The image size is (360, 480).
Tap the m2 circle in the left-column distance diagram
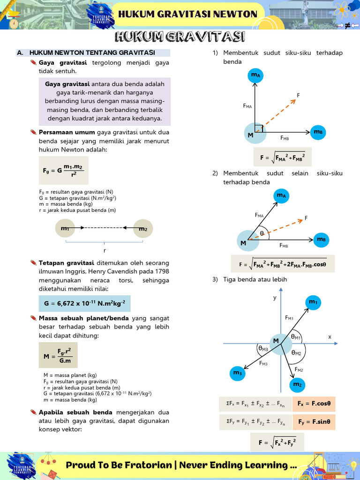click(x=142, y=229)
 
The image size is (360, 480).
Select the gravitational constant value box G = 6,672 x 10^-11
click(x=85, y=304)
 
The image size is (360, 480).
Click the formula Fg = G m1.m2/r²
click(x=63, y=171)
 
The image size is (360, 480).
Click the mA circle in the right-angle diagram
click(x=255, y=75)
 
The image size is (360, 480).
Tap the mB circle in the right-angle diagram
click(x=318, y=133)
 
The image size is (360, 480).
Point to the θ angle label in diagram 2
click(x=262, y=233)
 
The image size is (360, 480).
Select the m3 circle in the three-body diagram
click(x=237, y=373)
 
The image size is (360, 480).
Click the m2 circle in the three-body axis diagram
click(x=297, y=385)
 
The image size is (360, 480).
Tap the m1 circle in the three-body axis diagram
click(x=313, y=303)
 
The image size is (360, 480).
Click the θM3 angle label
click(x=263, y=348)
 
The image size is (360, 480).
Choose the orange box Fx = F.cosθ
click(x=314, y=404)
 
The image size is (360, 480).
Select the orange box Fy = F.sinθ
click(x=314, y=422)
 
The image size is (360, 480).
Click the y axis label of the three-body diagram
click(x=275, y=298)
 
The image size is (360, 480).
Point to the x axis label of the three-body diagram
click(x=330, y=337)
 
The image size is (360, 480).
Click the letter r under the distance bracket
click(x=105, y=250)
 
